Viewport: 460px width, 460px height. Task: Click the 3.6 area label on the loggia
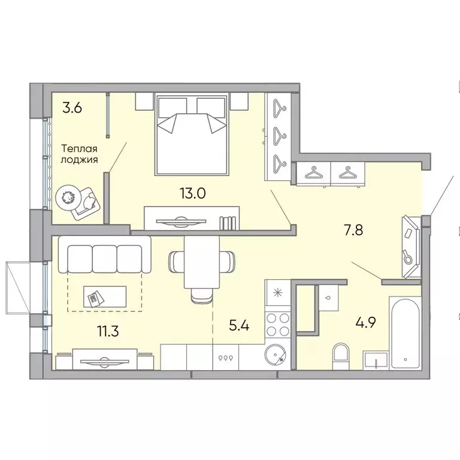pos(72,108)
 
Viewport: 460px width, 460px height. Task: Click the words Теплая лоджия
pos(79,155)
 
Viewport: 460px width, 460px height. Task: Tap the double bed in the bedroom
pos(192,134)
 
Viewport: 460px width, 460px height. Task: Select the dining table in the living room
pos(199,262)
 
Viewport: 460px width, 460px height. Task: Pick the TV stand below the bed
pos(192,219)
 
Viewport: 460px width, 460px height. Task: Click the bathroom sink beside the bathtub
pos(376,361)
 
